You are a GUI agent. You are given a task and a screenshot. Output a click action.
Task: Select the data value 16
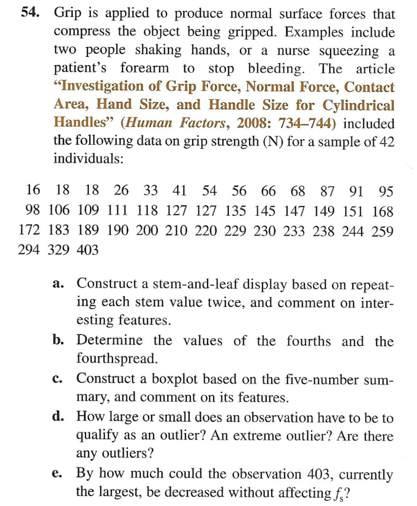34,190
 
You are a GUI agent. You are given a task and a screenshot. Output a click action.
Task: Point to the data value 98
34,211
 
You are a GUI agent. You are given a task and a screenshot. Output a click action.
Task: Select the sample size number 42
385,141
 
